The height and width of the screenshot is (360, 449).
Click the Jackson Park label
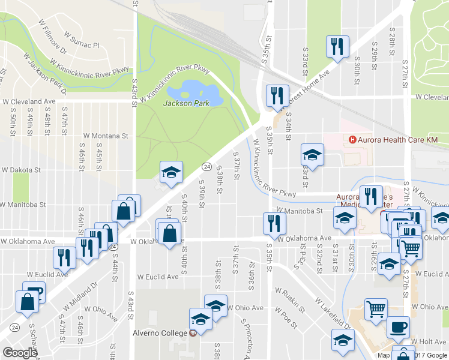(x=186, y=103)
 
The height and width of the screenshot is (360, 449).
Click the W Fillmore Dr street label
(x=52, y=35)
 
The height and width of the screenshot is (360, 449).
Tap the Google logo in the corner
(x=20, y=352)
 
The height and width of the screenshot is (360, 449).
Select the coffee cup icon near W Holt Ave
(x=397, y=328)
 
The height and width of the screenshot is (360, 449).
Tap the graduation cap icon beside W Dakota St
(x=171, y=173)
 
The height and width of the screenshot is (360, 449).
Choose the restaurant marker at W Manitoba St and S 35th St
(x=274, y=223)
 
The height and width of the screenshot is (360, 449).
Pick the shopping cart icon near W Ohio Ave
(x=376, y=310)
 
